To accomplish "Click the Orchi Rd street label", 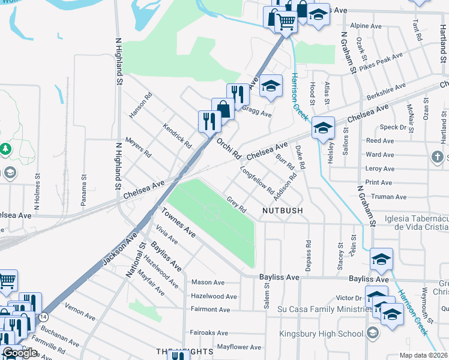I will tap(228, 148).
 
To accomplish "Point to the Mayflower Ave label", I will tap(239, 347).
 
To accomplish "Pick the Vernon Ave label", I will tap(80, 316).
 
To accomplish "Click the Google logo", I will tap(20, 353).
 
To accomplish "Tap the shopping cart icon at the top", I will tap(287, 21).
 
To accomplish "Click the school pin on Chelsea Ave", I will tap(323, 128).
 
